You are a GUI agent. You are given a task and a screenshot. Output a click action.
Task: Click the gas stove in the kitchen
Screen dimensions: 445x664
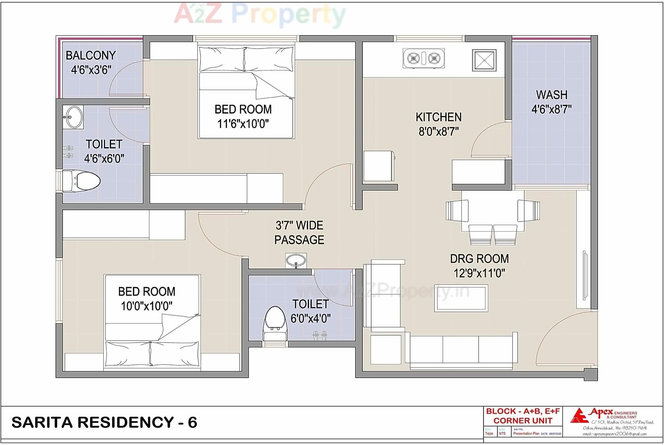coord(424,58)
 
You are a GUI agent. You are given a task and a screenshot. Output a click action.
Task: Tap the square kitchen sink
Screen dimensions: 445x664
coord(484,60)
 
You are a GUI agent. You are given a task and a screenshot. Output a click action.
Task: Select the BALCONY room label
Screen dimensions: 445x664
coord(91,55)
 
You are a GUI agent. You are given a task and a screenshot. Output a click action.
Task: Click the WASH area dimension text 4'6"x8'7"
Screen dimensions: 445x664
coord(551,109)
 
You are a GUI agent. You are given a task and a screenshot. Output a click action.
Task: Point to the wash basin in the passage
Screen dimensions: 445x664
coord(296,260)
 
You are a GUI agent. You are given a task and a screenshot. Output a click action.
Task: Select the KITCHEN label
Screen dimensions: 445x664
coord(439,117)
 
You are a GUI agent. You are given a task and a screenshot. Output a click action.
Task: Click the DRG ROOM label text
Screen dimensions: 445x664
coord(479,258)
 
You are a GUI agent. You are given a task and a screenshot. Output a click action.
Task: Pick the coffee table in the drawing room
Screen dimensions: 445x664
coord(461,298)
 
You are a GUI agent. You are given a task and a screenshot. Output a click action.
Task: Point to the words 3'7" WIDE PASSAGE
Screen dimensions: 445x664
coord(299,233)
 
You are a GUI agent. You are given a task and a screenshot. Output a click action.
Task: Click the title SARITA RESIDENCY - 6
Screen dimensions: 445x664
coord(104,422)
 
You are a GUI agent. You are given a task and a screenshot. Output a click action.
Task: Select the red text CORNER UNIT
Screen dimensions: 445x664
coord(523,420)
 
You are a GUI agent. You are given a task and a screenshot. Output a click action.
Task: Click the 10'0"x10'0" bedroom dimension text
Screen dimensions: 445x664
coord(147,306)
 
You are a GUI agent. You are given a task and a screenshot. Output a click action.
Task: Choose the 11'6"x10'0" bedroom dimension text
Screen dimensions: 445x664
coord(243,124)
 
